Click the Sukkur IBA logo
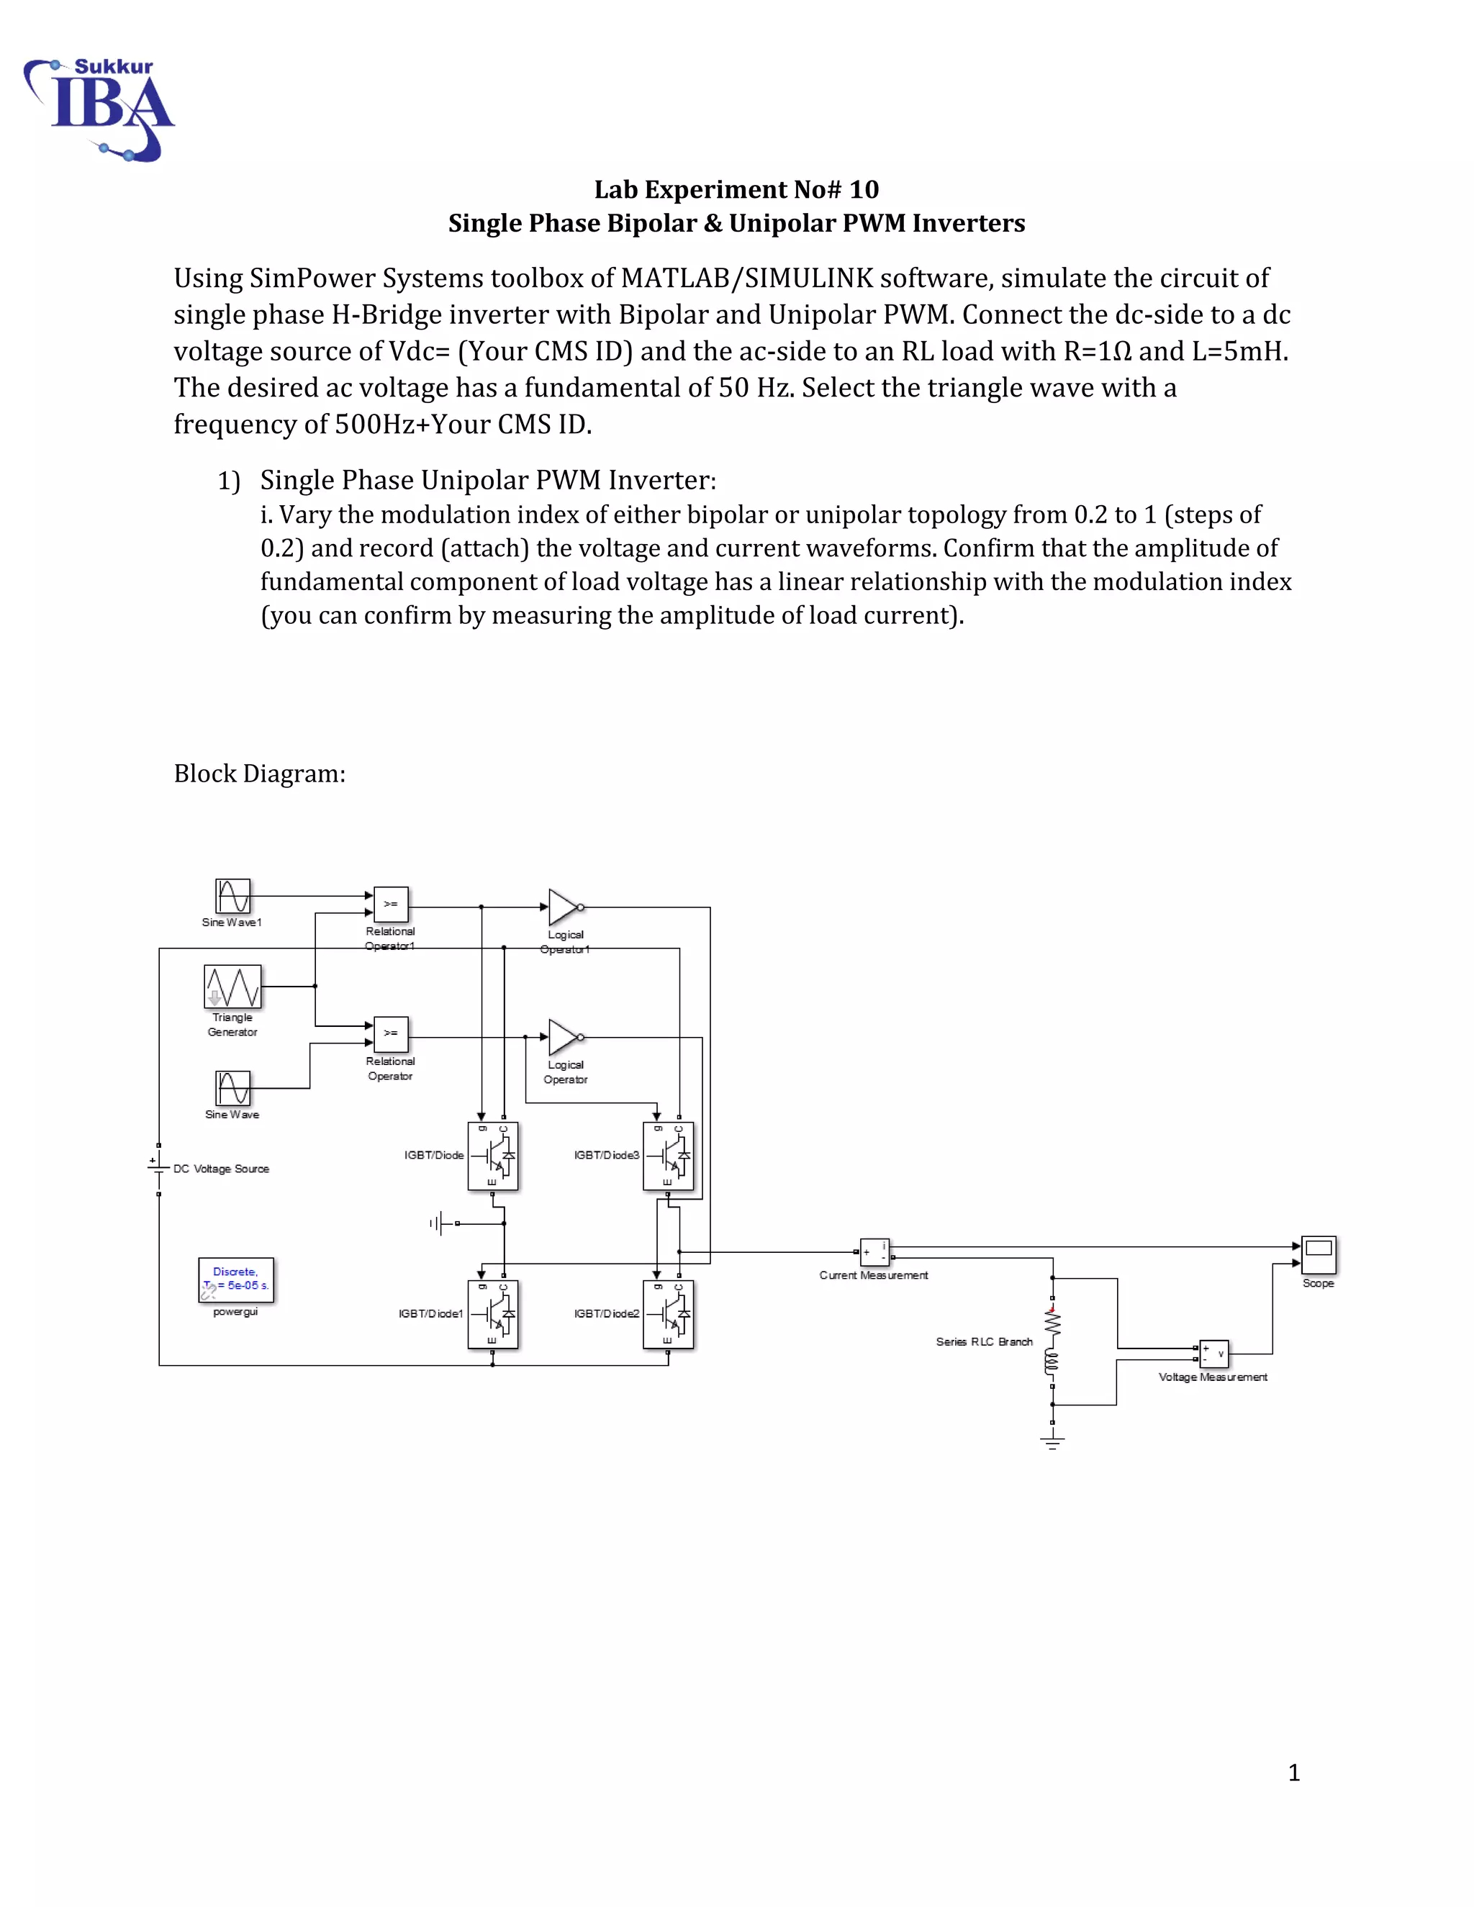point(99,109)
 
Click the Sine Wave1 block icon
point(233,896)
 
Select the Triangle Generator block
point(232,987)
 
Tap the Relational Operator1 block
point(390,905)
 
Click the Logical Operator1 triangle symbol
point(562,907)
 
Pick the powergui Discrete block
point(236,1279)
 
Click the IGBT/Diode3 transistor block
point(668,1156)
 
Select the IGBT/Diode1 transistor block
point(492,1314)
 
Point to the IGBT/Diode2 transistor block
point(668,1314)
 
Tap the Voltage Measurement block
point(1213,1354)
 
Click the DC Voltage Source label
point(221,1169)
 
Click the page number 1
point(1294,1773)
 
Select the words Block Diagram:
point(259,774)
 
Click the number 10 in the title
point(864,189)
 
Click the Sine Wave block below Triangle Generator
point(233,1088)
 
